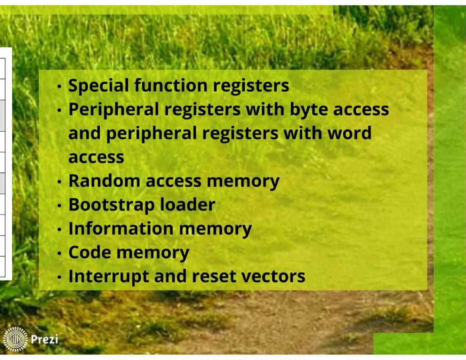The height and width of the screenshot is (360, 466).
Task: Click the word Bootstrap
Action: [x=111, y=205]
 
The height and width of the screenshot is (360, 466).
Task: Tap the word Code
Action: [x=89, y=253]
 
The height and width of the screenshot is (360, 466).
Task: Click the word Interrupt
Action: [x=108, y=276]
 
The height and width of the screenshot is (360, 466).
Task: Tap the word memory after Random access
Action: [x=249, y=181]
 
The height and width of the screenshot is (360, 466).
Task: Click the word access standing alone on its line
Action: [x=96, y=157]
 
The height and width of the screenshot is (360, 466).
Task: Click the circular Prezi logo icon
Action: [x=16, y=339]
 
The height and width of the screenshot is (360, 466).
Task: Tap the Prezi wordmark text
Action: [x=45, y=339]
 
